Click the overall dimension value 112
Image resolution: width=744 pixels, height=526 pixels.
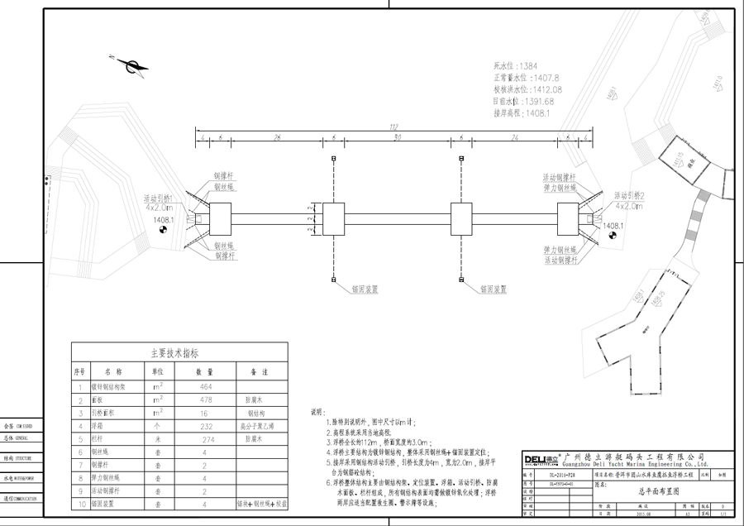click(x=393, y=127)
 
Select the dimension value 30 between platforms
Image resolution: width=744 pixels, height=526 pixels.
click(x=398, y=136)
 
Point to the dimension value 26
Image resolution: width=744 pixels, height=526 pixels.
click(x=278, y=136)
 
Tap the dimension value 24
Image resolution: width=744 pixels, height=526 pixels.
click(x=514, y=136)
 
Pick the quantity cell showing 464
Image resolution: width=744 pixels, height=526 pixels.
click(x=205, y=386)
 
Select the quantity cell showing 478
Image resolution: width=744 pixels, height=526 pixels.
click(x=205, y=399)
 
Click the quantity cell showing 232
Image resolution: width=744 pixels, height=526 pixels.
click(x=205, y=426)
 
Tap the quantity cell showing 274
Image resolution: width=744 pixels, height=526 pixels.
click(x=205, y=439)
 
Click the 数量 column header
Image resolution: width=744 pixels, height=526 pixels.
click(x=205, y=372)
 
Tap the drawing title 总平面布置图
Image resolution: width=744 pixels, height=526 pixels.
click(x=646, y=490)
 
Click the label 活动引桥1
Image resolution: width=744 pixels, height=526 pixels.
click(x=159, y=199)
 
